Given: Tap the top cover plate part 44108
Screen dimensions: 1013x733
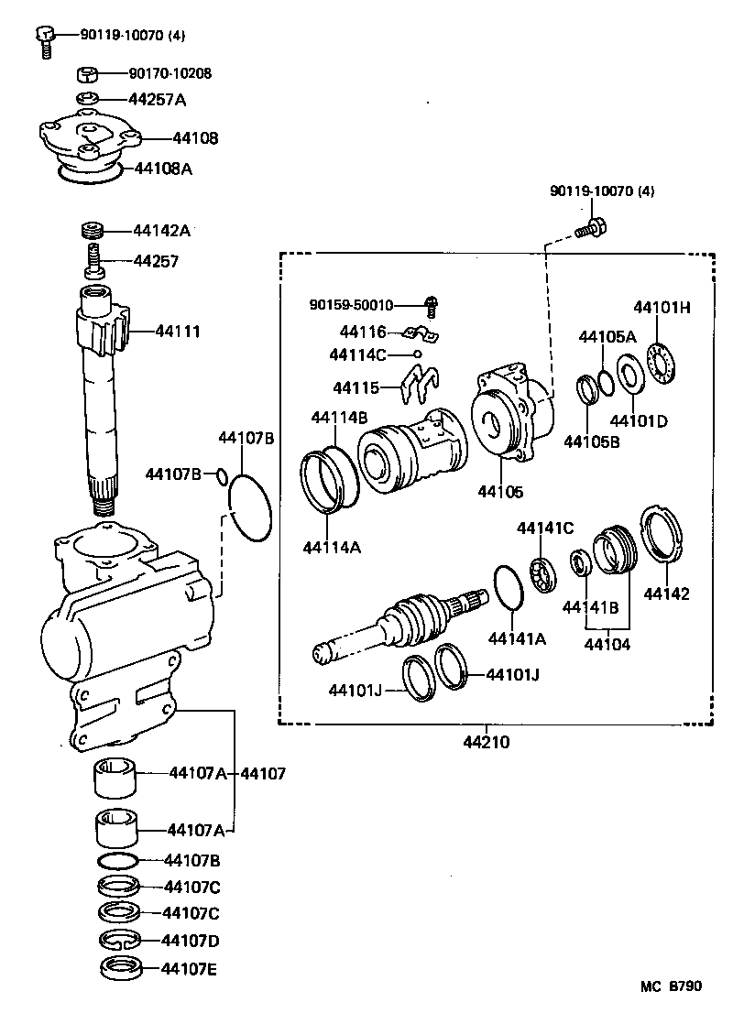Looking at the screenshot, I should click(x=88, y=138).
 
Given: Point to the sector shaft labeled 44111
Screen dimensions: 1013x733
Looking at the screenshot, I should click(x=104, y=385).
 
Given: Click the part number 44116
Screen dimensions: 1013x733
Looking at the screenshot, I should click(x=364, y=332).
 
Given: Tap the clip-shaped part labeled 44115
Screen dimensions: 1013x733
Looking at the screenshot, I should click(x=420, y=385).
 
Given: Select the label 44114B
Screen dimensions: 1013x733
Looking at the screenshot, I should click(x=339, y=417).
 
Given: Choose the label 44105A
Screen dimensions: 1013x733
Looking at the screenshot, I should click(x=607, y=337).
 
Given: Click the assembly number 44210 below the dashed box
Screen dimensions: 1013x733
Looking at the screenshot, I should click(x=487, y=742).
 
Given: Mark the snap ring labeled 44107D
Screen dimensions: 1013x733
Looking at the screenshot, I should click(x=118, y=941).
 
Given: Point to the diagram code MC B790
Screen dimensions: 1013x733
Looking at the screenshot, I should click(x=671, y=986).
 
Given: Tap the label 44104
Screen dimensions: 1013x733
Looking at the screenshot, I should click(x=607, y=644).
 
